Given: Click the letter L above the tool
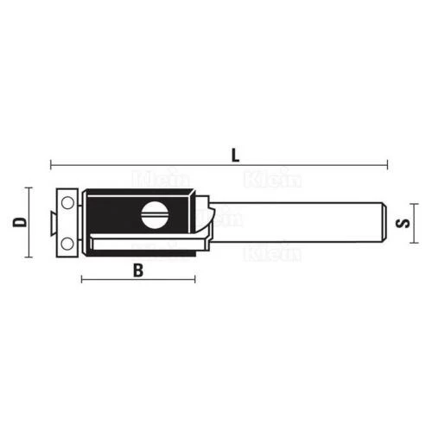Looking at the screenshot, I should point(235,156).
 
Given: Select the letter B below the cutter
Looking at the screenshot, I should point(137,270).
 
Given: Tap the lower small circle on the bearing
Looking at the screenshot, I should point(65,245).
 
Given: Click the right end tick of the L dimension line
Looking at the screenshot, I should point(388,164).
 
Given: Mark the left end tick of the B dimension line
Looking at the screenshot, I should point(81,278).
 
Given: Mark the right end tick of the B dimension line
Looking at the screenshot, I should point(194,278).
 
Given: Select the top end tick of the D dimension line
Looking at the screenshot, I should point(29,187).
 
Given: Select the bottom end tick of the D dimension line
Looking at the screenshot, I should point(29,257).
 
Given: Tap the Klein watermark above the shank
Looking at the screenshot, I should point(272,179).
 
